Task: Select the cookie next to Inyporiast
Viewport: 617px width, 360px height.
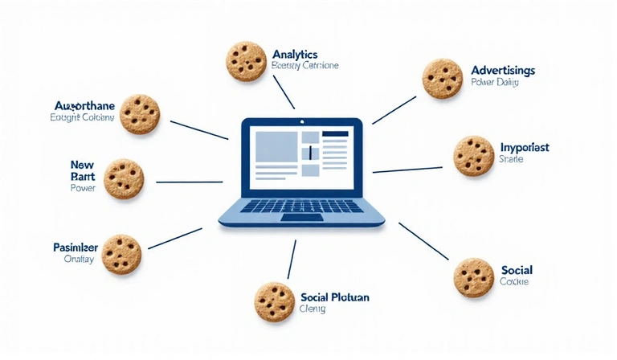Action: [x=473, y=155]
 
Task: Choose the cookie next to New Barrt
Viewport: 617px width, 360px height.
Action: [x=124, y=177]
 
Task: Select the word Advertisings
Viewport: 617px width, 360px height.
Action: [x=503, y=71]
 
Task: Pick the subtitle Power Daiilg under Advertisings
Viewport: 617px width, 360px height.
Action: [x=495, y=84]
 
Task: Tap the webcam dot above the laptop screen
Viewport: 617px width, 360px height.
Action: [x=302, y=121]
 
